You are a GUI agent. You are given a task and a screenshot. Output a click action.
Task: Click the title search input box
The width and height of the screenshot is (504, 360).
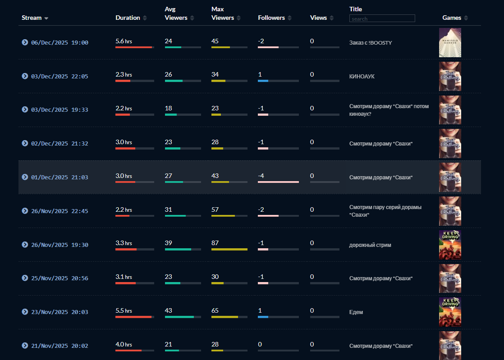382,18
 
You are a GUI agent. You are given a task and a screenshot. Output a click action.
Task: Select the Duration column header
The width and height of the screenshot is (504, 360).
128,18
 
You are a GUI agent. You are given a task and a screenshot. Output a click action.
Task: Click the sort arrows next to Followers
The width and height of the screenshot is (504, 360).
289,18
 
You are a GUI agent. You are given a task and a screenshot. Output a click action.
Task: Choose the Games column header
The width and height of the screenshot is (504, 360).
452,18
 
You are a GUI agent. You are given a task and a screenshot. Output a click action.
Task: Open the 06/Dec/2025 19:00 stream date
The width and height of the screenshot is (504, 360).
60,43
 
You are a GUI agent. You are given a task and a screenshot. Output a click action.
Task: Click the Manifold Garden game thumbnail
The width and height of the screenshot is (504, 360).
450,42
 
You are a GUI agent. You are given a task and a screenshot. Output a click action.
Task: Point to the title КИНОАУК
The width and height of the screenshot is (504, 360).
362,77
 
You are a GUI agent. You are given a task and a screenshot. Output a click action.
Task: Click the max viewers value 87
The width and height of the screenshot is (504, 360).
215,243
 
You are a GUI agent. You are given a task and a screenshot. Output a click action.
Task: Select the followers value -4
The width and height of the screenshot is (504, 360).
261,176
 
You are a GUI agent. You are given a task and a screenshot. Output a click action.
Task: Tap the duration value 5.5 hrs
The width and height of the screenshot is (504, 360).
124,310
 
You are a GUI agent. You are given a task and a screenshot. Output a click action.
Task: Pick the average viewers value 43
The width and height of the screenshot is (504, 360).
169,310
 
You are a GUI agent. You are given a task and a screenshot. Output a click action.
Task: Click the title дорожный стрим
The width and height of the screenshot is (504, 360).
370,245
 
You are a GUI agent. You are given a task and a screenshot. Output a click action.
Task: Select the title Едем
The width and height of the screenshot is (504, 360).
356,312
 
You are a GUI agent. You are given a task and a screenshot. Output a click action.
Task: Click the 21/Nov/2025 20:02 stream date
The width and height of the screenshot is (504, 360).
60,346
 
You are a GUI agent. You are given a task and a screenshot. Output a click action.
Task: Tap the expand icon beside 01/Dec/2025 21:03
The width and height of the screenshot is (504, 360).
25,177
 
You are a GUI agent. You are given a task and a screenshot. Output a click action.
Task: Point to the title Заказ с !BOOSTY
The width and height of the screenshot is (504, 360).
371,43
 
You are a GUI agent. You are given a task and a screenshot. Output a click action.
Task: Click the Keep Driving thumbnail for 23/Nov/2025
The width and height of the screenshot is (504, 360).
450,312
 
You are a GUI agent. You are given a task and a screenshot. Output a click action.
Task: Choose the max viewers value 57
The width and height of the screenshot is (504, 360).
215,209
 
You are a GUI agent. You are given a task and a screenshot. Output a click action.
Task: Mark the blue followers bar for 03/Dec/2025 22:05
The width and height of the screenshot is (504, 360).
263,81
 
